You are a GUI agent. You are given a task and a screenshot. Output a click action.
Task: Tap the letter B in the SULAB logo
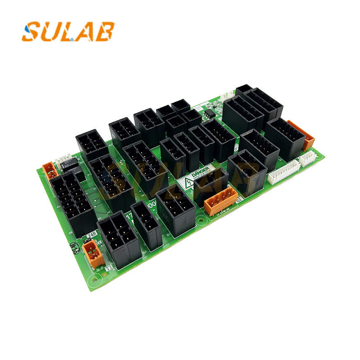[x=105, y=31]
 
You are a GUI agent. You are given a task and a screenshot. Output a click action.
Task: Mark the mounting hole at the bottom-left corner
[x=94, y=281]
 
